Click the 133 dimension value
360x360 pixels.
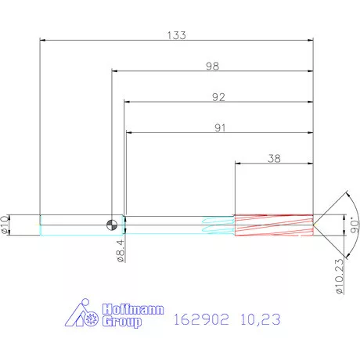(176, 35)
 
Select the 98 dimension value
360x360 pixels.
(212, 67)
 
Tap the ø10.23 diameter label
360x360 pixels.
(340, 274)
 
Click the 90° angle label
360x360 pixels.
(351, 224)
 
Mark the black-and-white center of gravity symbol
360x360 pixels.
(115, 225)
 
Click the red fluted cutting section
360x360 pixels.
(274, 225)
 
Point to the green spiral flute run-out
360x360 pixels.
(218, 225)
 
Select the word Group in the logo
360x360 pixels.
(123, 321)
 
